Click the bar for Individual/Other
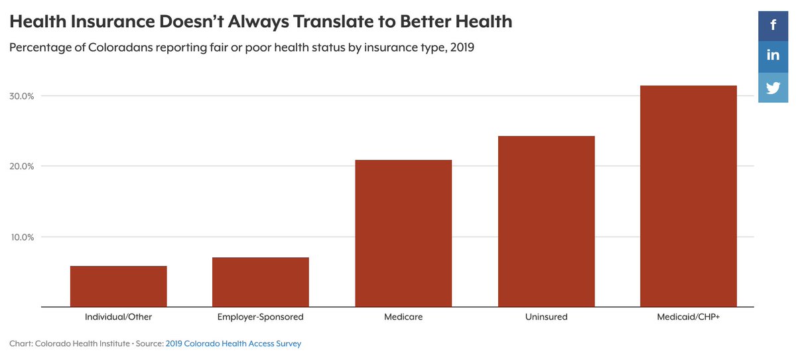tap(118, 286)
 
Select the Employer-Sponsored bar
tap(261, 282)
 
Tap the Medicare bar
tap(403, 233)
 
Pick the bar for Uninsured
tap(546, 221)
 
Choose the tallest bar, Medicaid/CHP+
tap(689, 196)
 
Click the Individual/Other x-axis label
tap(118, 317)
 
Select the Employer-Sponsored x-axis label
tap(261, 317)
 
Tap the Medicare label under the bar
tap(403, 317)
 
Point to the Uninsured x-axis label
tap(546, 317)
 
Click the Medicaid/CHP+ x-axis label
tap(689, 317)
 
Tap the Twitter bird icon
tap(773, 88)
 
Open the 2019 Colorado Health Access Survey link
tap(233, 343)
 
